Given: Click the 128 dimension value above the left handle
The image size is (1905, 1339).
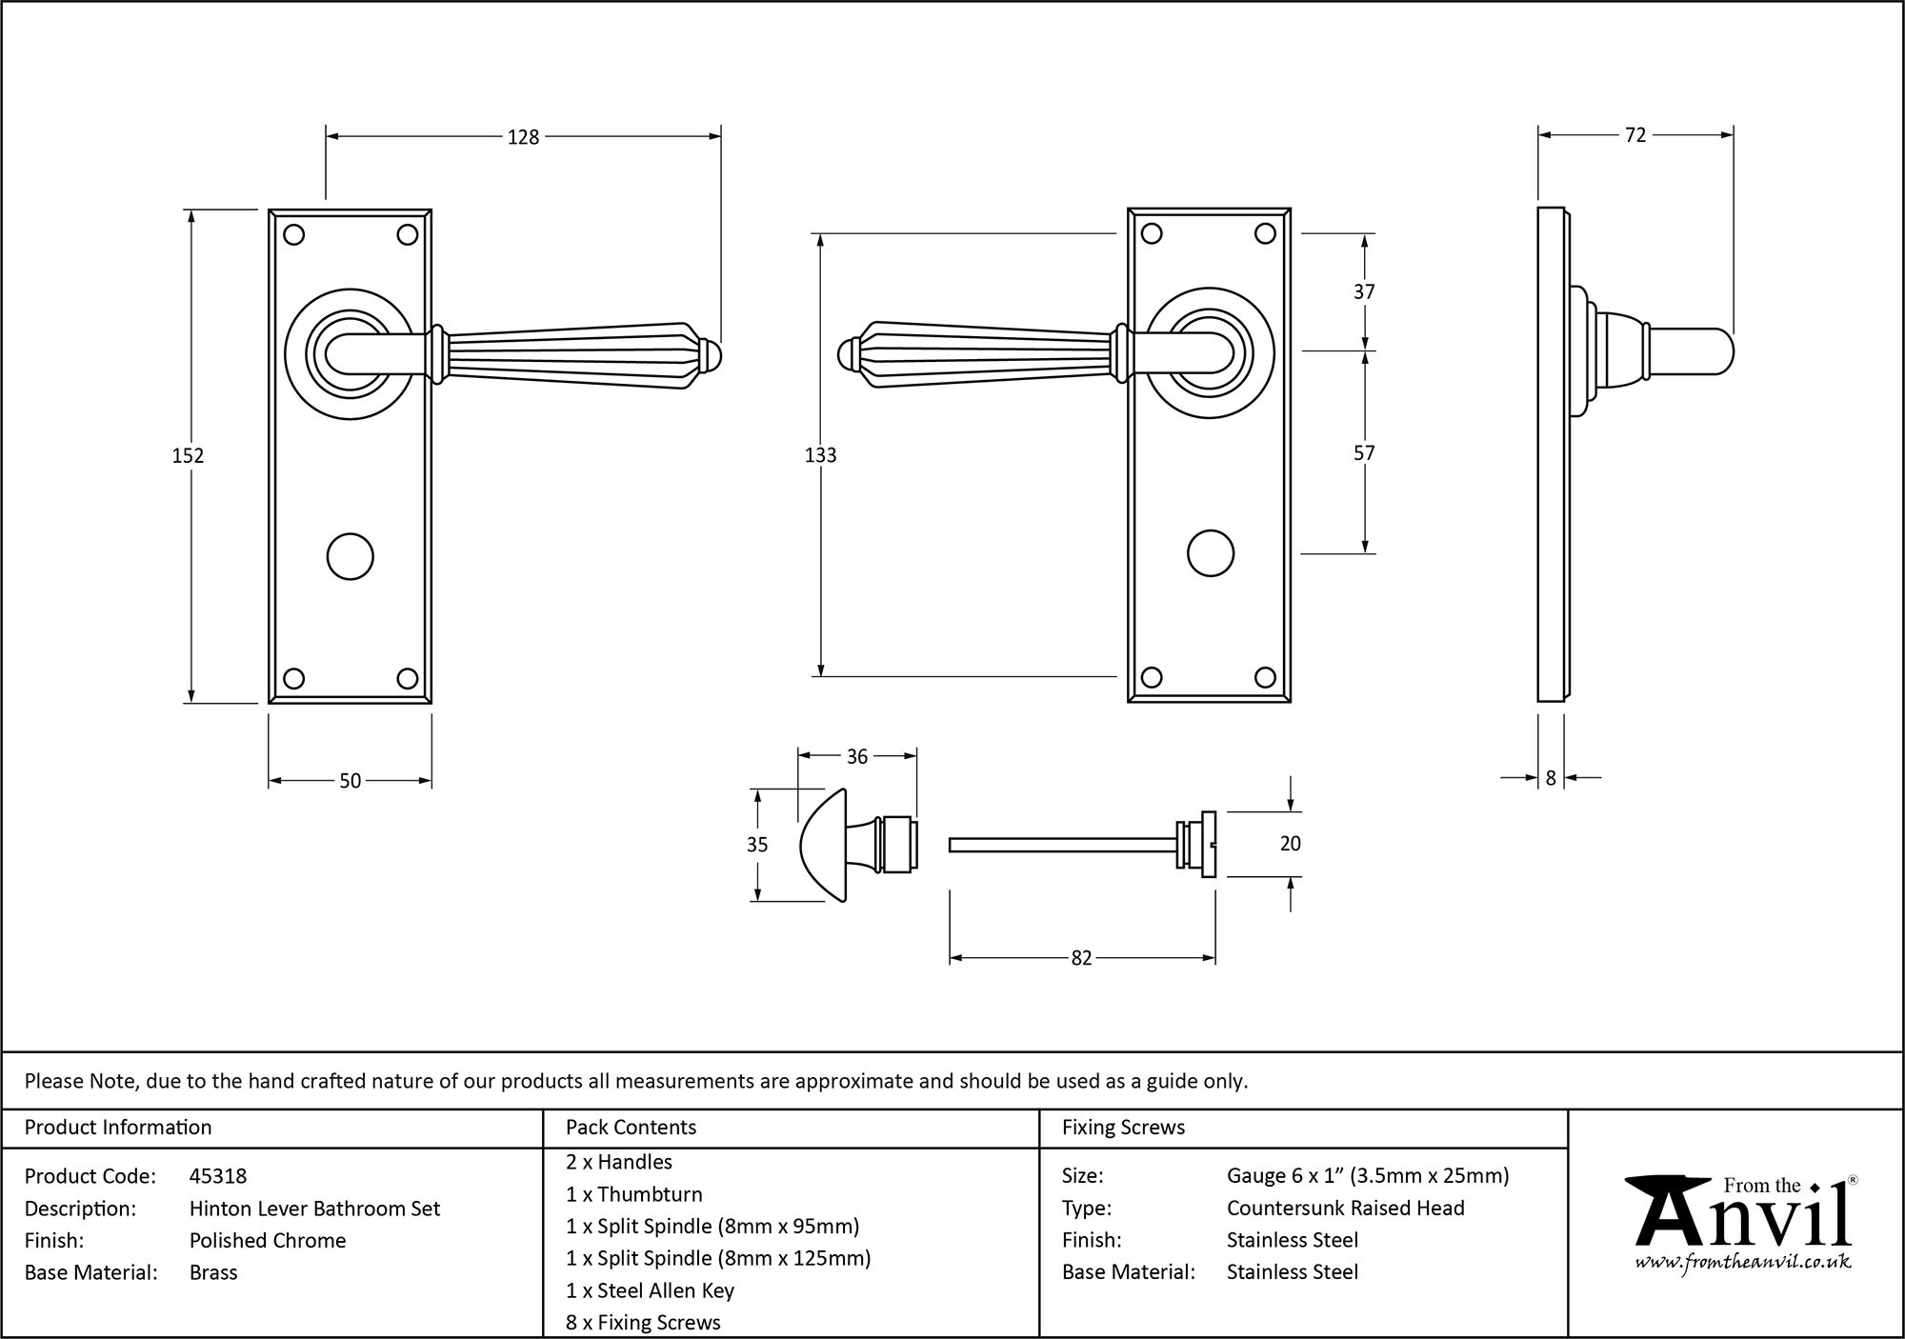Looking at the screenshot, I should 523,137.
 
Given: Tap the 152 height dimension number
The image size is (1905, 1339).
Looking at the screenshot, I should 188,456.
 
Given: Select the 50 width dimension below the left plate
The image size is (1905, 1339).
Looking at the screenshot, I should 350,781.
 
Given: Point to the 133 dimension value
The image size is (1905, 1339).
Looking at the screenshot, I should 820,455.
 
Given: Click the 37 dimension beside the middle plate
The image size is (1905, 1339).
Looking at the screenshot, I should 1364,291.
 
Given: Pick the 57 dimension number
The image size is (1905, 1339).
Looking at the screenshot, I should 1364,453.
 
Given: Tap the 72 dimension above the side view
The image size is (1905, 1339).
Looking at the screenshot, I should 1634,135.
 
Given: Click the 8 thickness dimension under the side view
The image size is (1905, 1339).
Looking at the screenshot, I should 1551,778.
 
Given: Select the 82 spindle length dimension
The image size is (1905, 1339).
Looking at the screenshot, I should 1081,958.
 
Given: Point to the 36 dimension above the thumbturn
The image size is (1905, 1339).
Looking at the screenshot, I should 856,756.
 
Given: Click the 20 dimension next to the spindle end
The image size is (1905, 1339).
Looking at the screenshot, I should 1290,844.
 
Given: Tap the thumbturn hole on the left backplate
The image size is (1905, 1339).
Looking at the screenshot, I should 350,557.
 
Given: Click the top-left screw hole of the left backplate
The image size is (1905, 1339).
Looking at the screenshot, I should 294,234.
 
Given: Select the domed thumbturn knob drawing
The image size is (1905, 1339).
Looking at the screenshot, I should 825,845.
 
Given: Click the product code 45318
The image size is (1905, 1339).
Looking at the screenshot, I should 218,1176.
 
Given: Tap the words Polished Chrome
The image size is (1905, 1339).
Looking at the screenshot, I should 268,1240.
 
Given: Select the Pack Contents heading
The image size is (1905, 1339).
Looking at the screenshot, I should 631,1128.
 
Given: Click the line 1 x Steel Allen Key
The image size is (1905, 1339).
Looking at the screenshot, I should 650,1290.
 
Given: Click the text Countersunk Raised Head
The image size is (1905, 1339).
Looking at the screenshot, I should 1345,1208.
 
